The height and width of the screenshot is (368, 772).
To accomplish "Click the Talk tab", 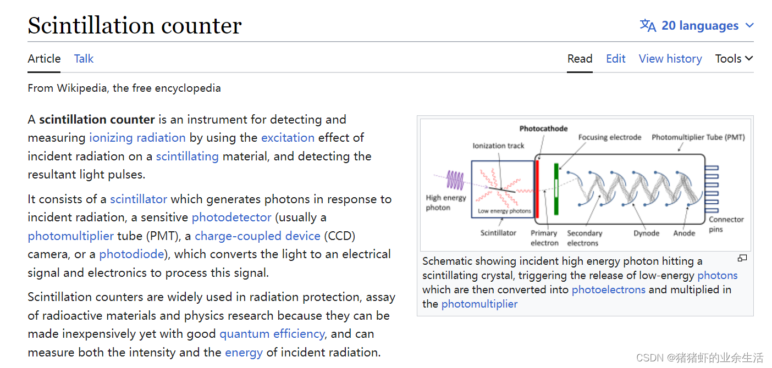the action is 84,59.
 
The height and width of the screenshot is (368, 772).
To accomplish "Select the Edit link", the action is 615,59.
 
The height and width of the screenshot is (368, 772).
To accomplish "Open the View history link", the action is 670,59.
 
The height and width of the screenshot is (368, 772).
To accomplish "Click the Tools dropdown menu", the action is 734,59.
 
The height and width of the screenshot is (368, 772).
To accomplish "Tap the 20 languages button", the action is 697,26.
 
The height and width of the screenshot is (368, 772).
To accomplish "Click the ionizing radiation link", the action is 137,137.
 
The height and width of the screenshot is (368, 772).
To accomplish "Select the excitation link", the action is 288,137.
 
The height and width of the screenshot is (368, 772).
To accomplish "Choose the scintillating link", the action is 187,156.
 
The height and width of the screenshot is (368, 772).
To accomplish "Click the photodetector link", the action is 231,218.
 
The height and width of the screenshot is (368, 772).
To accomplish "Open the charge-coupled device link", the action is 257,236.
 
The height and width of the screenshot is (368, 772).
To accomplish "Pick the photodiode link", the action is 131,254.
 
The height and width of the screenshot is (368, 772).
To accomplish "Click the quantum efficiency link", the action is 272,334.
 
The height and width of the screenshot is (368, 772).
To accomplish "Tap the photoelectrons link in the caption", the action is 608,289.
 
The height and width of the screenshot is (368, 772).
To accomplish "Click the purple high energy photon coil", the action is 455,180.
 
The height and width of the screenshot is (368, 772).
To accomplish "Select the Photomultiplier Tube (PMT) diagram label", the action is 698,137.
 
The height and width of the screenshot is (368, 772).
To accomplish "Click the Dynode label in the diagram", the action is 646,233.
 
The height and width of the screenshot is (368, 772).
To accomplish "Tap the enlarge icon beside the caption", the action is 742,258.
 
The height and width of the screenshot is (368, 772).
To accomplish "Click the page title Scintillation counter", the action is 135,26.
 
